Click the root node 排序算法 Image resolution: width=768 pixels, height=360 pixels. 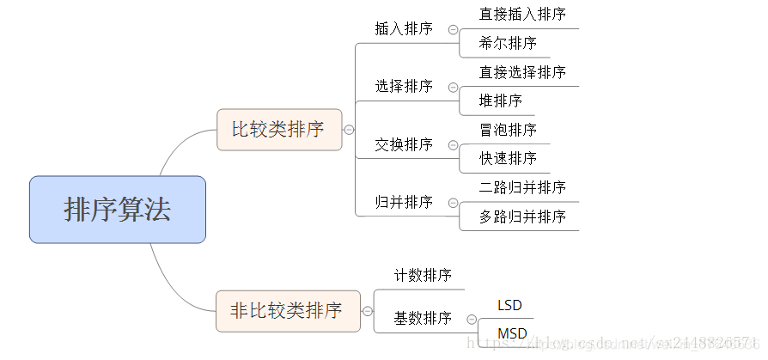118,210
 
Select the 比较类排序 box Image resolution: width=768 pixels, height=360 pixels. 278,130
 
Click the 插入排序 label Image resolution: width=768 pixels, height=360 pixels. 404,28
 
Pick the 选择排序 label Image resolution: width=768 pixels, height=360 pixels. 404,86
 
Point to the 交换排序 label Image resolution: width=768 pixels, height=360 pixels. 404,143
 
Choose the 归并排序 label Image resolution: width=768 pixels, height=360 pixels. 404,202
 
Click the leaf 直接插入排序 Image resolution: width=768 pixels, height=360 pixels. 522,15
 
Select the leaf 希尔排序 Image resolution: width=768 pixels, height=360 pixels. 508,43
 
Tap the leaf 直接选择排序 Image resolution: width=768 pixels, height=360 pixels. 522,72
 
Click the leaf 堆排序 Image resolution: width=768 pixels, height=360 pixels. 501,101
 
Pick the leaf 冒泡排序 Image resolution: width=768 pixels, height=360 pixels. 508,130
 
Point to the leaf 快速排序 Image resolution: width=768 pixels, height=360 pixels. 508,158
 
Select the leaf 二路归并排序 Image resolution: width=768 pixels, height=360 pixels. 522,187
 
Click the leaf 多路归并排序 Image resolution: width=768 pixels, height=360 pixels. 522,217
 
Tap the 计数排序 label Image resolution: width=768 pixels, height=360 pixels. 423,276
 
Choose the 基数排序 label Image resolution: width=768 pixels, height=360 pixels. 423,319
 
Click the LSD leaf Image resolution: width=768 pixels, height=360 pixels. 509,305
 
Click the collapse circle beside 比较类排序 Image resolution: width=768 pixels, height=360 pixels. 349,130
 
